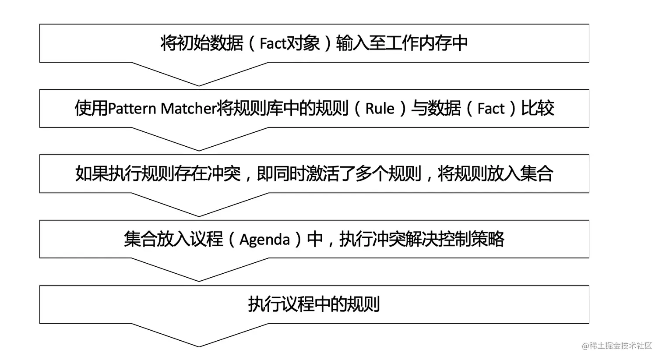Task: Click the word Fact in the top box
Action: tap(272, 43)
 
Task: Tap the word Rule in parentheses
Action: tap(380, 109)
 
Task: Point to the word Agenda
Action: tap(264, 240)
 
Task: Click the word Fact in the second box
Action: tap(491, 109)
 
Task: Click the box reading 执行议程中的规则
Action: tap(314, 304)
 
